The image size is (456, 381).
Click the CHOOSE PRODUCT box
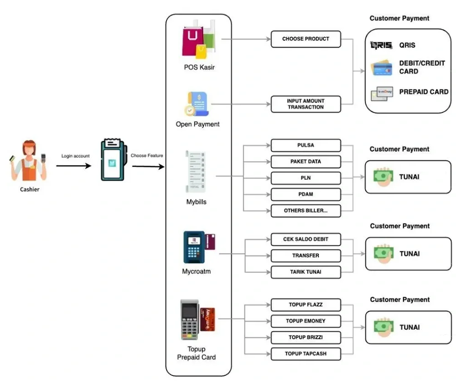[x=306, y=39]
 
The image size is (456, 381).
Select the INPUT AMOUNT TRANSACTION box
[x=306, y=104]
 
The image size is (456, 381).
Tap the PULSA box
[x=306, y=146]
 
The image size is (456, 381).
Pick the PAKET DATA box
[x=306, y=162]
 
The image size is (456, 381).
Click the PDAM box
[x=306, y=194]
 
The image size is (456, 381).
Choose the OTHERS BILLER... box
[x=306, y=211]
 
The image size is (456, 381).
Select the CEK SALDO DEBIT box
[x=306, y=239]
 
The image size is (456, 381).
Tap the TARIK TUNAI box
[x=306, y=272]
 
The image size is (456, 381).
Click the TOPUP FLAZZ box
[x=306, y=304]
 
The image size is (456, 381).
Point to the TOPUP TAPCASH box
[x=306, y=354]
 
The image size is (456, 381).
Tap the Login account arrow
[x=75, y=165]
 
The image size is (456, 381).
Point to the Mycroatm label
[x=196, y=272]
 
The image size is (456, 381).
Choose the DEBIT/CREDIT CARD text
[x=422, y=67]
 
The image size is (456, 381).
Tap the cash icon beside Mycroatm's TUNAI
[x=383, y=253]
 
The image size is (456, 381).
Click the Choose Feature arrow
[x=148, y=167]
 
